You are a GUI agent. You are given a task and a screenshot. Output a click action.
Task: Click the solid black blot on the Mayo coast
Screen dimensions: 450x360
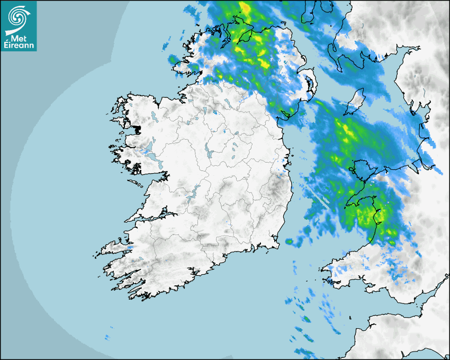point(138,129)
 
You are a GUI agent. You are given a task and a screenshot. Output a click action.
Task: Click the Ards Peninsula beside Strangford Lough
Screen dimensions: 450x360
point(312,85)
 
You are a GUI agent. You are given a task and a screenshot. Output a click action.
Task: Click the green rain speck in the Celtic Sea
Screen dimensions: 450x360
point(306,319)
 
